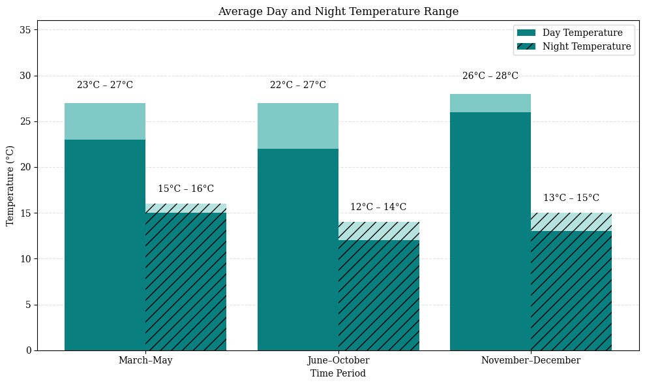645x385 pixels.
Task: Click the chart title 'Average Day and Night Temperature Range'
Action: pyautogui.click(x=338, y=12)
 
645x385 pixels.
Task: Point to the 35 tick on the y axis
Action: pyautogui.click(x=27, y=30)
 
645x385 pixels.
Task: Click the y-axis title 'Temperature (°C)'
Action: pyautogui.click(x=10, y=186)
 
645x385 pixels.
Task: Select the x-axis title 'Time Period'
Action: pyautogui.click(x=338, y=373)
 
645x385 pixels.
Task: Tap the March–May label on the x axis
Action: pyautogui.click(x=145, y=360)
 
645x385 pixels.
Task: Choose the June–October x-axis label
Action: pyautogui.click(x=338, y=360)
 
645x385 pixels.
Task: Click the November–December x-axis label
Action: pyautogui.click(x=530, y=360)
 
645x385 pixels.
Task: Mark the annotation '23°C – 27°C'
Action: pyautogui.click(x=105, y=85)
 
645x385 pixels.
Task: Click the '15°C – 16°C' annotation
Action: pyautogui.click(x=186, y=189)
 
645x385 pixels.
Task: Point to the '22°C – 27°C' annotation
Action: pyautogui.click(x=298, y=85)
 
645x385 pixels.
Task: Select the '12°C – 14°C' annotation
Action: pyautogui.click(x=378, y=208)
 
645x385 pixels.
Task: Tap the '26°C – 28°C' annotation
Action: pyautogui.click(x=490, y=76)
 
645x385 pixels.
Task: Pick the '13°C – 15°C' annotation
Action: pyautogui.click(x=571, y=198)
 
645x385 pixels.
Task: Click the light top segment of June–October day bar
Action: pyautogui.click(x=298, y=126)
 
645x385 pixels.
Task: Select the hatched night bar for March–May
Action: pyautogui.click(x=186, y=281)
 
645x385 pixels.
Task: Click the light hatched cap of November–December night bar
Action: pyautogui.click(x=571, y=222)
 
